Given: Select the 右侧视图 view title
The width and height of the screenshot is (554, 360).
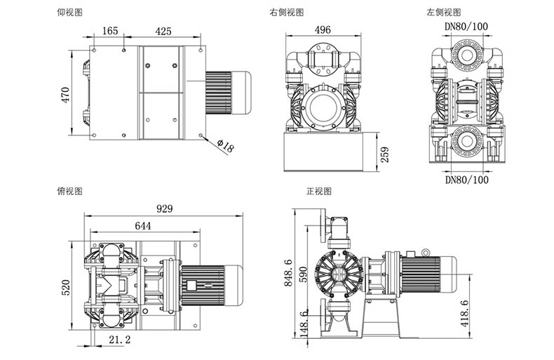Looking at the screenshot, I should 286,12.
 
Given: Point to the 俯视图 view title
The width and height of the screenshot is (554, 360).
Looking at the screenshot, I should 70,191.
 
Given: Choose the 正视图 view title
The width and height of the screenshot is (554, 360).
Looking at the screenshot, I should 318,191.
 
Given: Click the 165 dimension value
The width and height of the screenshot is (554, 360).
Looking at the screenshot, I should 110,31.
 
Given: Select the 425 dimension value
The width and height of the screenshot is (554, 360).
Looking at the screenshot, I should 163,31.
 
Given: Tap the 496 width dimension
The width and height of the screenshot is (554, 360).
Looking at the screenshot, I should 323,30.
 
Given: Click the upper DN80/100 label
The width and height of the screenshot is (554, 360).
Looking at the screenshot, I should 466,27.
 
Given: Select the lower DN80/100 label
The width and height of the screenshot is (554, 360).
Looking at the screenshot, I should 466,180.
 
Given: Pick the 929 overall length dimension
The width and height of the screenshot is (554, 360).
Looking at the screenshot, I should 164,209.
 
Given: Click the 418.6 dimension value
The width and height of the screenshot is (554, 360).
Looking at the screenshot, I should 464,312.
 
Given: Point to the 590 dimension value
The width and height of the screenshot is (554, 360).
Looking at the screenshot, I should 304,274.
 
